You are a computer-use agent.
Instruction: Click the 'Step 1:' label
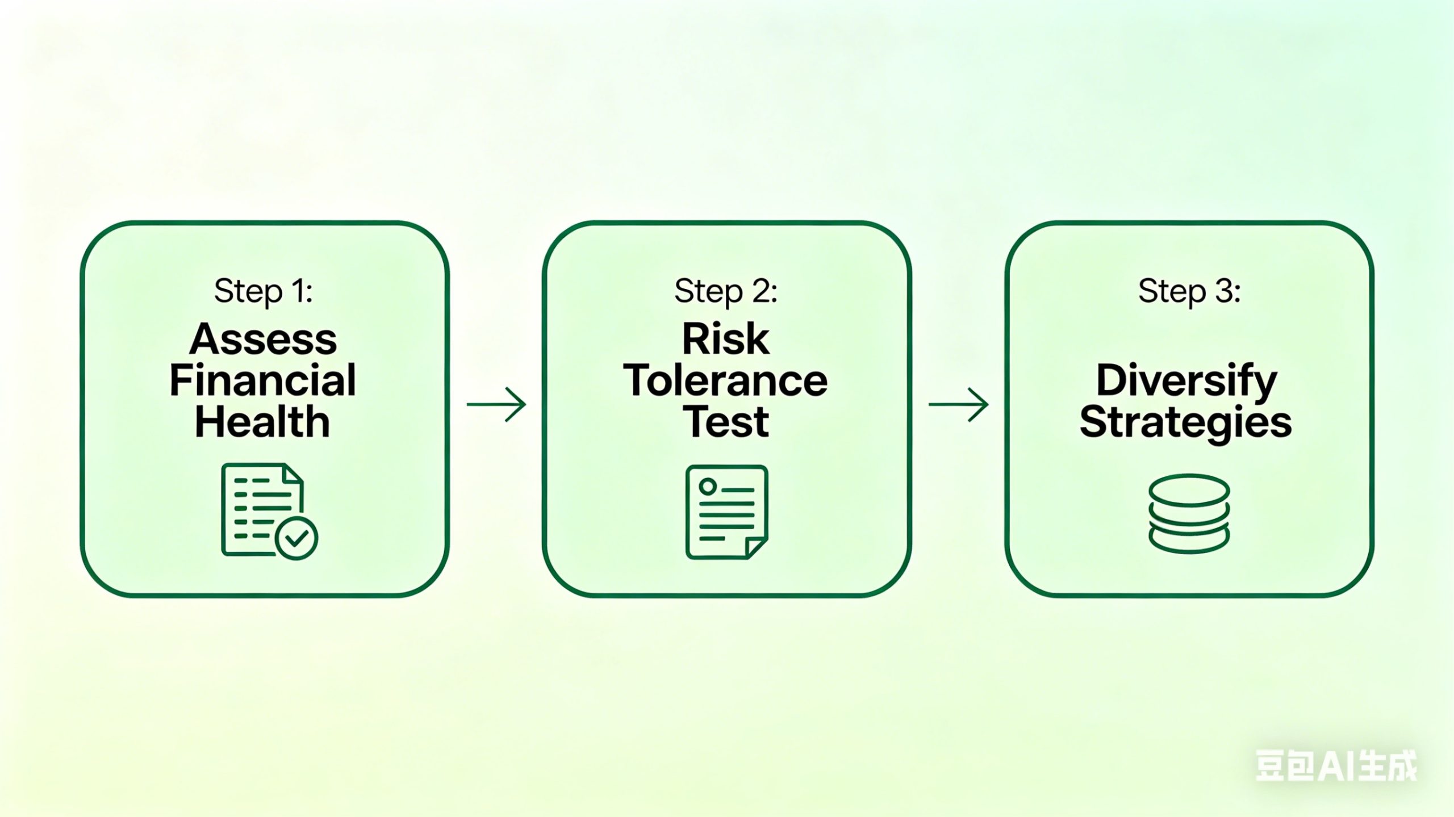point(263,292)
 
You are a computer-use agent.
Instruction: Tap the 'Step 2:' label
point(726,292)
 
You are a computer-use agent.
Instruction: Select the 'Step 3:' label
point(1189,292)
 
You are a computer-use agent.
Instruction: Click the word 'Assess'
point(263,340)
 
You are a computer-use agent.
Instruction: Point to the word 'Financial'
point(263,380)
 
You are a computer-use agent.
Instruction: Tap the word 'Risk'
point(726,340)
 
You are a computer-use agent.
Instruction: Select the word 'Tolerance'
point(726,380)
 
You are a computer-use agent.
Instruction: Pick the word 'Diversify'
point(1186,382)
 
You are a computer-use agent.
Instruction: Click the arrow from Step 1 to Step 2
point(496,404)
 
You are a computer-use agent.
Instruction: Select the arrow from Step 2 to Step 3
point(959,404)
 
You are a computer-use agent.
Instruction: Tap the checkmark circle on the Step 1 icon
point(296,538)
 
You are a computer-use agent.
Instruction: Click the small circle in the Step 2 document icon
point(708,486)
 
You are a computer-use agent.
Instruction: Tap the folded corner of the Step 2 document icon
point(757,547)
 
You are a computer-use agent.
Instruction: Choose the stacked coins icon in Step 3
point(1189,513)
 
